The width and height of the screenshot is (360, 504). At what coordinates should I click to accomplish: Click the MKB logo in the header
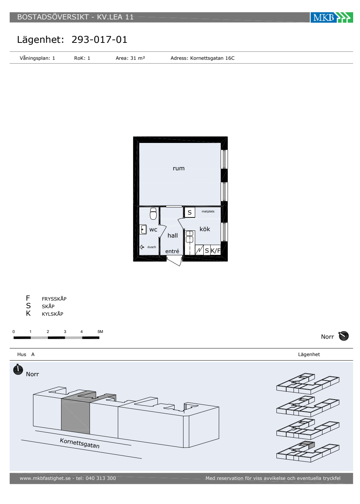pos(332,18)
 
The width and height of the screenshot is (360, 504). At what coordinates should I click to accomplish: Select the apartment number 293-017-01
pos(99,40)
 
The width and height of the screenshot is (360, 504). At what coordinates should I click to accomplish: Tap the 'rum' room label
pos(179,168)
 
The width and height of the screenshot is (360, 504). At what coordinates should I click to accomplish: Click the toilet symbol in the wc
pos(153,213)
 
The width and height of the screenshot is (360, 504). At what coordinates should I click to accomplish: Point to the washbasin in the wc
pos(143,230)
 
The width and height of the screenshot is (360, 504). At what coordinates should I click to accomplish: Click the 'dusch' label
pos(152,247)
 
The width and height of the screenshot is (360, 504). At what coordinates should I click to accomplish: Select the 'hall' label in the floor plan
pos(172,235)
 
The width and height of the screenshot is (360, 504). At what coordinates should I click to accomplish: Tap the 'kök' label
pos(205,229)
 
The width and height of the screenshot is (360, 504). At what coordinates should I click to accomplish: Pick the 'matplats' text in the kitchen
pos(208,212)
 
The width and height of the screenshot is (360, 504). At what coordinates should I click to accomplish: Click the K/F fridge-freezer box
pos(215,250)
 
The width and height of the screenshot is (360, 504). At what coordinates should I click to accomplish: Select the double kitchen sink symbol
pos(189,237)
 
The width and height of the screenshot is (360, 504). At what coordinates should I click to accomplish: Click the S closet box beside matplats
pos(189,212)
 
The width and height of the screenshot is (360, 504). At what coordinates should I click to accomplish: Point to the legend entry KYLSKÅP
pos(53,314)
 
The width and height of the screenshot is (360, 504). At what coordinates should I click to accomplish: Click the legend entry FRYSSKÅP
pos(54,299)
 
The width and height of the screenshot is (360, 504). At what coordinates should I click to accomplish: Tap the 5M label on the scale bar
pos(100,332)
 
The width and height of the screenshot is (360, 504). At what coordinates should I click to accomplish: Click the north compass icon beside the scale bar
pos(343,336)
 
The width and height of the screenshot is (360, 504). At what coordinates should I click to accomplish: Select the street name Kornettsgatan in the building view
pos(80,443)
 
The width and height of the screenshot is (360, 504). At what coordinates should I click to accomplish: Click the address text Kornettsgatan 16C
pos(212,58)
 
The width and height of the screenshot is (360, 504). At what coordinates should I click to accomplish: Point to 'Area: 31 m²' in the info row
pos(130,58)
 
